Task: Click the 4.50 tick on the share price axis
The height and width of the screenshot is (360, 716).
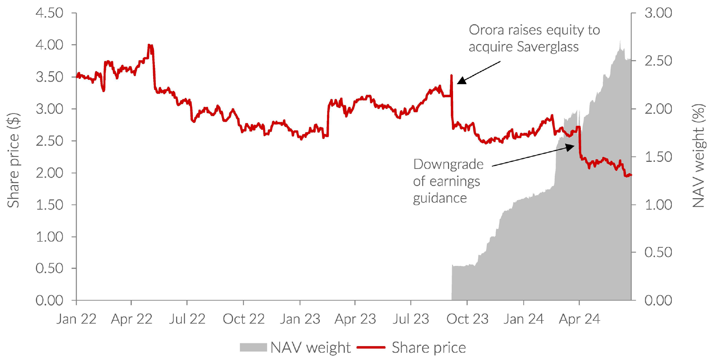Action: point(49,13)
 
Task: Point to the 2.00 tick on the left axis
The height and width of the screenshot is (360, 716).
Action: point(49,173)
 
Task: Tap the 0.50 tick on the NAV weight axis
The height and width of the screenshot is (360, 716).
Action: point(658,252)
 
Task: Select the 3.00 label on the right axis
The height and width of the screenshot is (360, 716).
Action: point(658,13)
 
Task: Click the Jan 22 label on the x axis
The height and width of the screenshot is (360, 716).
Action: point(76,319)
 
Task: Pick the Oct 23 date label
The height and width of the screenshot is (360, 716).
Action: point(467,319)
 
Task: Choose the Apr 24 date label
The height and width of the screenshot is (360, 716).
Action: point(579,319)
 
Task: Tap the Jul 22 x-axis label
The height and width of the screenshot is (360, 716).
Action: point(187,319)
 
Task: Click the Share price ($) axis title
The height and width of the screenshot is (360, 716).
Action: point(14,160)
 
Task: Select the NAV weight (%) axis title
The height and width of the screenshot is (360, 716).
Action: point(698,156)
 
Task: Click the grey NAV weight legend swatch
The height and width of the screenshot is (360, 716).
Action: point(253,347)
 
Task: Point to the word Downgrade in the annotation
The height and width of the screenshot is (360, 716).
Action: point(448,164)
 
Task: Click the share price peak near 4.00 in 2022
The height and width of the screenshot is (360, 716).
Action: point(150,46)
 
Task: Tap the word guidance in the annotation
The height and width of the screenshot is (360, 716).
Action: point(440,198)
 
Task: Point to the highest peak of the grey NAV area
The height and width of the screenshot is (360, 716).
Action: point(620,41)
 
